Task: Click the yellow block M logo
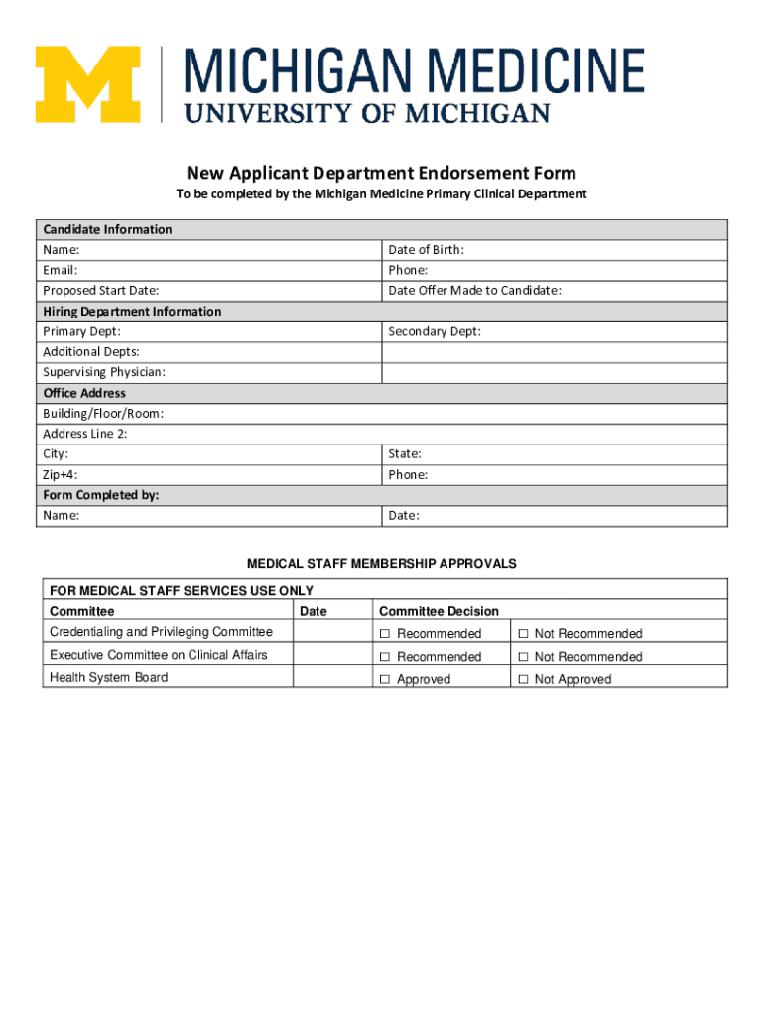[87, 85]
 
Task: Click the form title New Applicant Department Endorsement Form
[381, 173]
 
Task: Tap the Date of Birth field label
[426, 250]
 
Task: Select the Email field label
[61, 270]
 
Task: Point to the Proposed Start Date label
[101, 291]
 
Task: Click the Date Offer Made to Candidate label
[474, 291]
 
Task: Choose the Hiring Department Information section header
[132, 311]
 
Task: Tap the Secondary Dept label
[435, 331]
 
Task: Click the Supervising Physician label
[104, 372]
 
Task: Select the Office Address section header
[84, 393]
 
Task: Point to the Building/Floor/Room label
[103, 413]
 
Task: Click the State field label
[405, 454]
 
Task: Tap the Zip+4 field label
[60, 475]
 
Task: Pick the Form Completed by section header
[100, 495]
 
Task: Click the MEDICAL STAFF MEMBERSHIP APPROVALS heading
[382, 563]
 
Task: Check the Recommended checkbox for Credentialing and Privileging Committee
[384, 634]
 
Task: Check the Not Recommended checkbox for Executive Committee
[521, 657]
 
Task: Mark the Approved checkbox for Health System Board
[384, 680]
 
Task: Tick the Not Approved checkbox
[521, 680]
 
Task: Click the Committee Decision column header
[439, 611]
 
